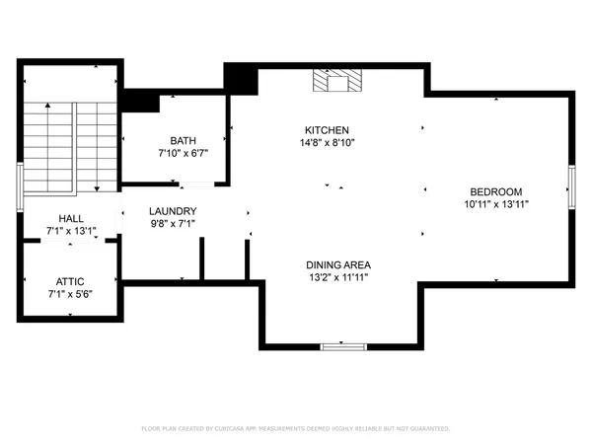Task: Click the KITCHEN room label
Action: click(x=327, y=130)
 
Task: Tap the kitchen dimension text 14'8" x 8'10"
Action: click(x=327, y=143)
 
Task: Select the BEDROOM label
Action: click(x=495, y=191)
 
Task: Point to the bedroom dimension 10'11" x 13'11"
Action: click(x=495, y=204)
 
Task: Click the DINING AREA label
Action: click(x=337, y=264)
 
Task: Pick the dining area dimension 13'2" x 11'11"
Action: click(x=337, y=277)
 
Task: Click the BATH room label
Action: click(x=183, y=141)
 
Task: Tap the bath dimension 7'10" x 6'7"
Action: click(x=183, y=154)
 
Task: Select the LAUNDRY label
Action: click(x=173, y=211)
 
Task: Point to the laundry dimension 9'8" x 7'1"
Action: click(x=173, y=224)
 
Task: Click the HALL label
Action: click(x=71, y=219)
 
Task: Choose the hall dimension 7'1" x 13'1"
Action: click(x=71, y=232)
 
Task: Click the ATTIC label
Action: click(x=71, y=281)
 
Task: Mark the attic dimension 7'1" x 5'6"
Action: click(x=71, y=294)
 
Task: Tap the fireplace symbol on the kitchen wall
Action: click(x=336, y=81)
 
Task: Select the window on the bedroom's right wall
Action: click(x=571, y=186)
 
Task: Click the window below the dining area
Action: click(x=343, y=346)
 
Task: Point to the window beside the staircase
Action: click(x=20, y=186)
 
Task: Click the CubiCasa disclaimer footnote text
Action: click(x=296, y=429)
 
